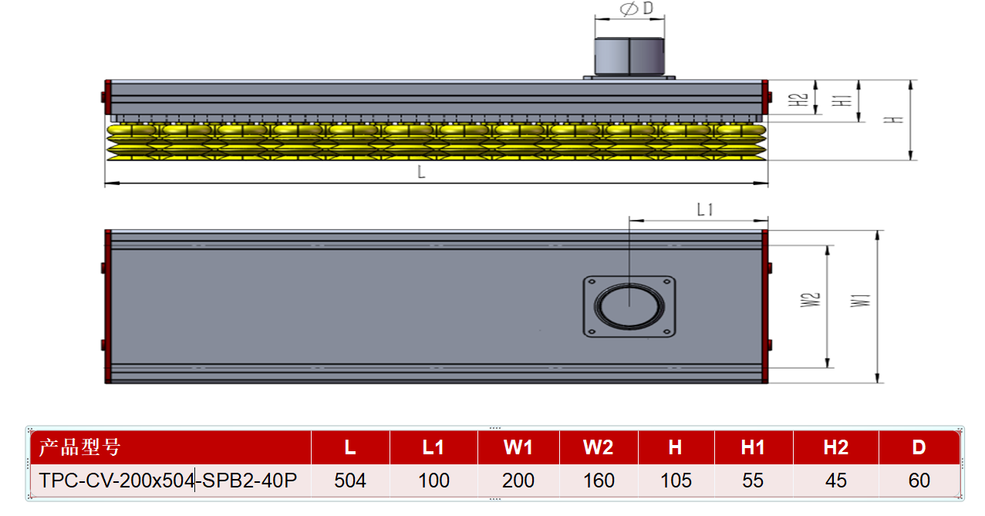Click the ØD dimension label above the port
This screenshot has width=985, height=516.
[x=636, y=8]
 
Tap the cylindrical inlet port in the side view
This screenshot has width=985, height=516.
[x=629, y=56]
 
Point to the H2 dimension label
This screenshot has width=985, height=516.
[x=798, y=99]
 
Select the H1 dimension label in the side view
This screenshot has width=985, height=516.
[x=842, y=100]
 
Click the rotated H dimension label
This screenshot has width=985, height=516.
[x=893, y=120]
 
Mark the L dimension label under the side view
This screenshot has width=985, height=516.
[x=421, y=172]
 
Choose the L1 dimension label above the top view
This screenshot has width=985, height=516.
[x=705, y=210]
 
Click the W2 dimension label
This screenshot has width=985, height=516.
[x=810, y=300]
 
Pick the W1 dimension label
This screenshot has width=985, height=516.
[x=860, y=301]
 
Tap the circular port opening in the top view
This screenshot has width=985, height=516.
[x=629, y=306]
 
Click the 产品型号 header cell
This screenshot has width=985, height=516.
[x=79, y=447]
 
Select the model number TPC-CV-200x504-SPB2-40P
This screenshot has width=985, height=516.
[x=168, y=481]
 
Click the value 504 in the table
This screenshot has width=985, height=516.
[x=350, y=481]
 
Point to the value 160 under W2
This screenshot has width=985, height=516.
[x=599, y=481]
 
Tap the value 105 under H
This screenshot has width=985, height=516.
[x=676, y=481]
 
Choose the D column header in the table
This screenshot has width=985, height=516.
[x=919, y=447]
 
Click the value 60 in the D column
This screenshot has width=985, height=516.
[x=919, y=481]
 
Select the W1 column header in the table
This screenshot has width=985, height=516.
[x=518, y=447]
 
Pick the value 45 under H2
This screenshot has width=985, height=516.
[x=836, y=481]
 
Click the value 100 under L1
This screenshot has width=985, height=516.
[x=433, y=481]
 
